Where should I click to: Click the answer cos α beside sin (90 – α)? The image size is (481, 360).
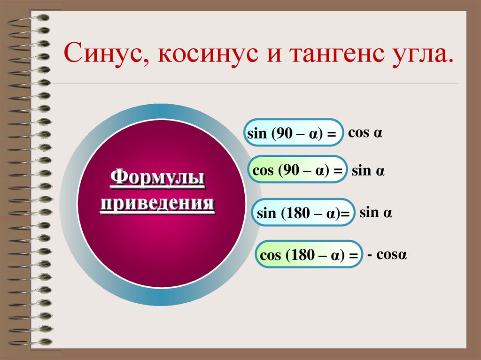tap(365, 133)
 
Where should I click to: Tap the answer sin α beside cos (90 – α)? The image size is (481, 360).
tap(368, 171)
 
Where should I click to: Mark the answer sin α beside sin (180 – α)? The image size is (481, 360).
tap(375, 213)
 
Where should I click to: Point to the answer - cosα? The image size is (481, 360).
tap(387, 255)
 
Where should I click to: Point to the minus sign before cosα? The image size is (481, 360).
tap(371, 256)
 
